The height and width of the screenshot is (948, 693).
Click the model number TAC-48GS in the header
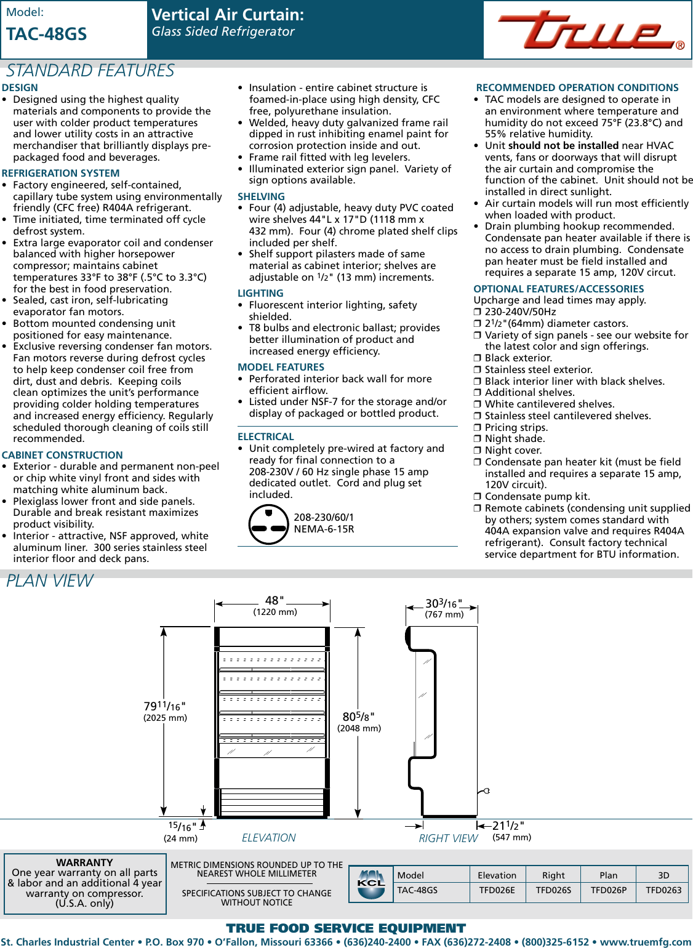click(47, 34)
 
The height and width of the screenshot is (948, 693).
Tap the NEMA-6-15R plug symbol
click(268, 524)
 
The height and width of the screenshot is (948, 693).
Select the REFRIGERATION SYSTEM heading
click(60, 174)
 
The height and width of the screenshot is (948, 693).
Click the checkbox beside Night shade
click(477, 439)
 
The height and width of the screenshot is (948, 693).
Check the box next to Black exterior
click(477, 358)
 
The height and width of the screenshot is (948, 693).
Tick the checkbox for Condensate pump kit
click(477, 497)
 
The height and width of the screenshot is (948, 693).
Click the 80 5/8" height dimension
click(358, 717)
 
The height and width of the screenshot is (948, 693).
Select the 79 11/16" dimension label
click(164, 707)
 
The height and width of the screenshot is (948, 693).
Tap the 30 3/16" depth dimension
click(443, 604)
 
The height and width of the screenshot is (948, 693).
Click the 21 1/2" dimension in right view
click(508, 826)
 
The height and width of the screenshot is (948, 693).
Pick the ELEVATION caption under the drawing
click(268, 838)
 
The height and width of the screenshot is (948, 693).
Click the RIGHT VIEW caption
click(448, 838)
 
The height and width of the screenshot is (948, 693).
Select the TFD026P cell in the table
click(608, 890)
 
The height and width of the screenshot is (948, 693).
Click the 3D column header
click(663, 875)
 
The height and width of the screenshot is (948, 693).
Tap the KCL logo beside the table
click(371, 884)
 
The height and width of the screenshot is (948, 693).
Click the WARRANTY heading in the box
click(84, 862)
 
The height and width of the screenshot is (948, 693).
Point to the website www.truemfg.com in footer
click(646, 942)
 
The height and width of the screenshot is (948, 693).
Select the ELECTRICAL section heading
click(265, 437)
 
